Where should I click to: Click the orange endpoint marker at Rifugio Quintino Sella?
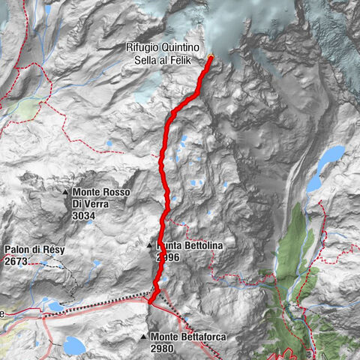coord(211,58)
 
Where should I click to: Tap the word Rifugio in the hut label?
coord(142,46)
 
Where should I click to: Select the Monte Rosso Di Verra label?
coord(101,198)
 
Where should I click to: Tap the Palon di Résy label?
coord(32,250)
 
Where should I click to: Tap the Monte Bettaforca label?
coord(188,338)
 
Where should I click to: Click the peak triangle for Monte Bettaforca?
coord(143,338)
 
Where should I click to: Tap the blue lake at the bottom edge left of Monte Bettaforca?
coord(75,345)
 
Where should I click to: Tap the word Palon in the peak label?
coord(17,250)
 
